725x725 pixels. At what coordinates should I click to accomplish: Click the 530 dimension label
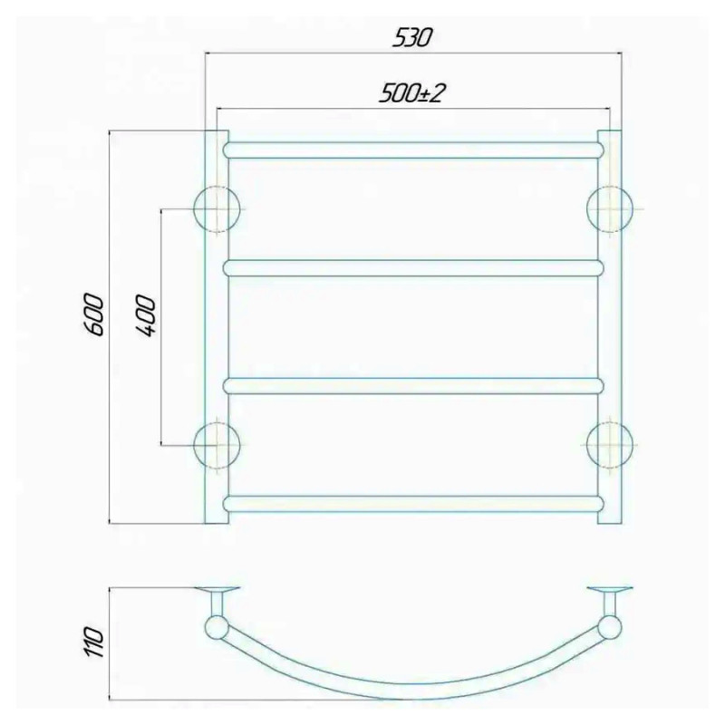click(x=411, y=37)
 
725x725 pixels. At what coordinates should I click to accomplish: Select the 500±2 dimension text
click(x=411, y=94)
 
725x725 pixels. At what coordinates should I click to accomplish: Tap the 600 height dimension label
click(x=95, y=314)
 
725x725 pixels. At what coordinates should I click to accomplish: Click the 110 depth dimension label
click(x=95, y=643)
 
